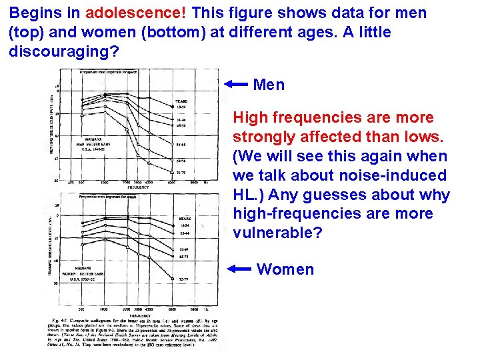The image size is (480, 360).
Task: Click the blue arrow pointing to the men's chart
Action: tap(235, 84)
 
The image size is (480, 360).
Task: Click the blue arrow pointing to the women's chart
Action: tap(238, 269)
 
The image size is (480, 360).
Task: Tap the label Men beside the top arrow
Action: tap(269, 85)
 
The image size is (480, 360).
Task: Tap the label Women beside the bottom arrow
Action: tap(285, 269)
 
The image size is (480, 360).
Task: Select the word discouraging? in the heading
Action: tap(56, 51)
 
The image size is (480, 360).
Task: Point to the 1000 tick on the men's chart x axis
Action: tap(105, 183)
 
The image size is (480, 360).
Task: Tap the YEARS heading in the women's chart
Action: tap(185, 218)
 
